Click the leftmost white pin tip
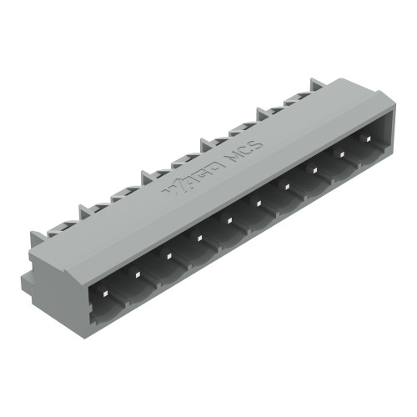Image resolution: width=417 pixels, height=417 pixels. [103, 289]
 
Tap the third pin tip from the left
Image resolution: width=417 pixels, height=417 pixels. [168, 257]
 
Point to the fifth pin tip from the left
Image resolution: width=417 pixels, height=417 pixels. [229, 220]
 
